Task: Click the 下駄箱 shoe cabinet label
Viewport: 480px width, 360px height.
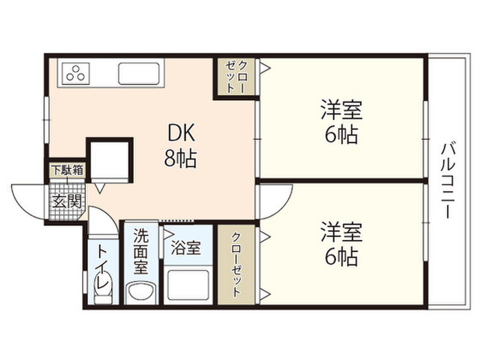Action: [67, 170]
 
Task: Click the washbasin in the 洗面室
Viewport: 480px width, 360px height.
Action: [141, 292]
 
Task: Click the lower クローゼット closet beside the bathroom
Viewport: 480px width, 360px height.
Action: [236, 264]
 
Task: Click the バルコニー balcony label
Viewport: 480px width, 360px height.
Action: [448, 181]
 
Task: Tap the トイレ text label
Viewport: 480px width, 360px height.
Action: [103, 265]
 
